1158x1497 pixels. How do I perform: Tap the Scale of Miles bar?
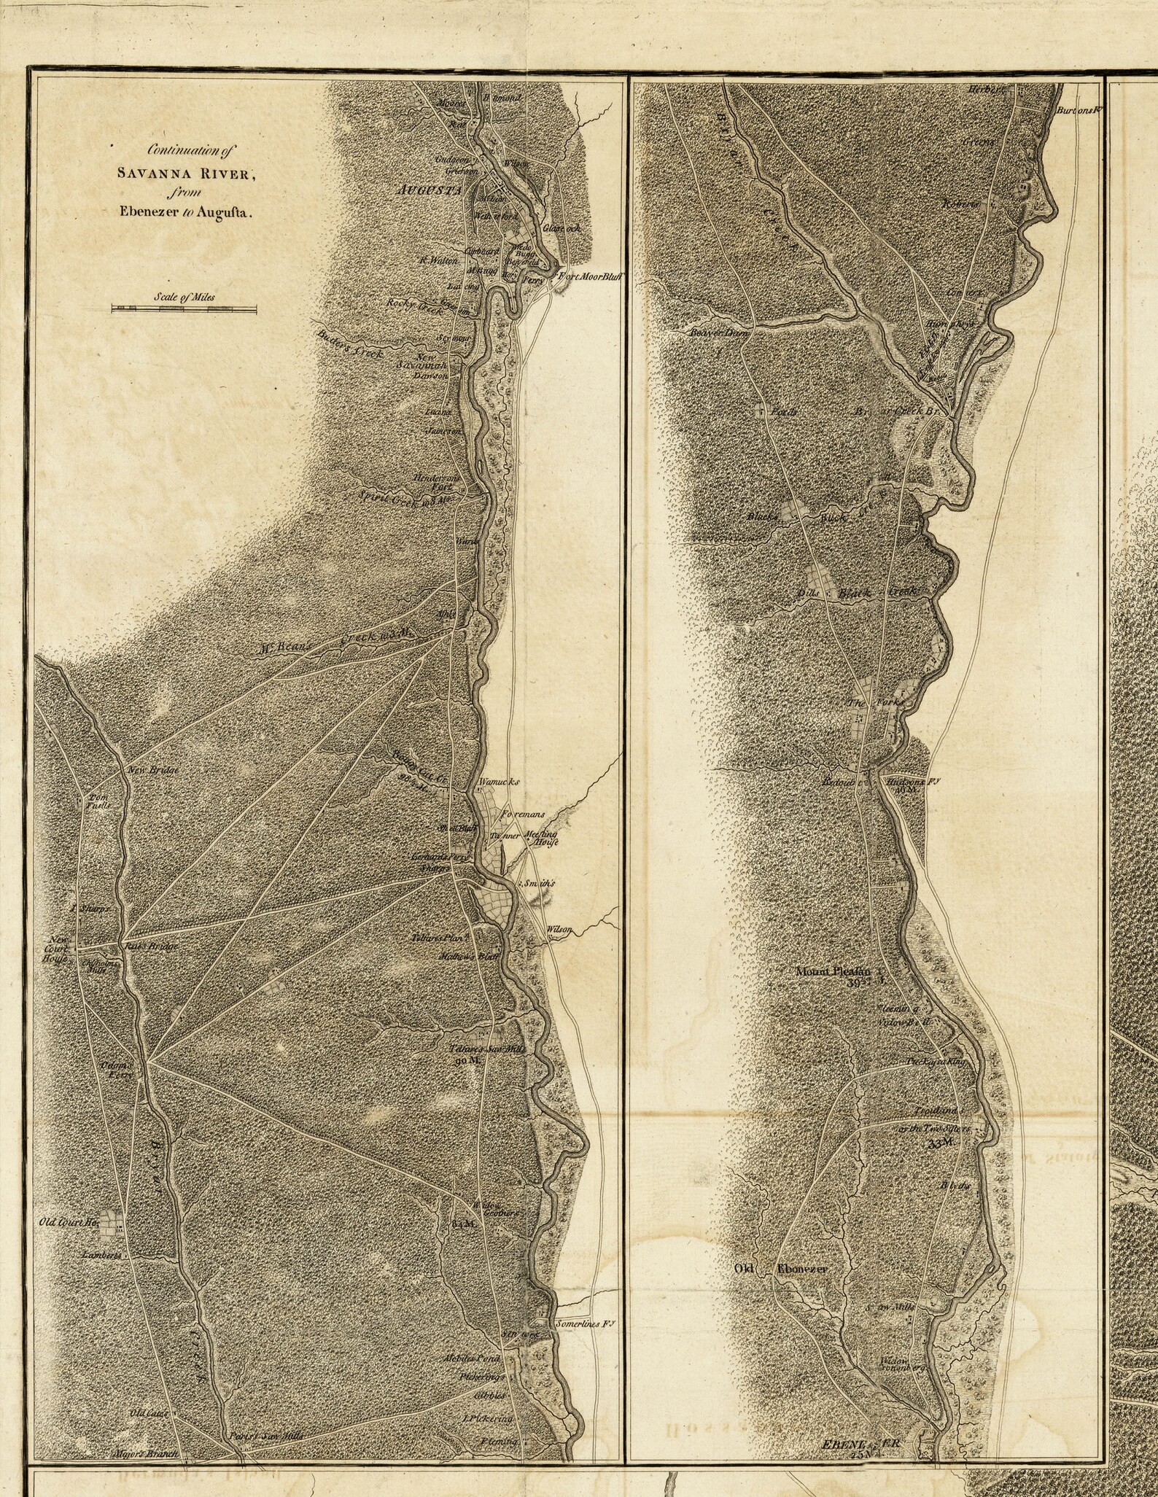click(184, 309)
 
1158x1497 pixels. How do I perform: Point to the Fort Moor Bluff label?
click(593, 276)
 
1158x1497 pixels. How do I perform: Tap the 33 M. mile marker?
click(941, 1144)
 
